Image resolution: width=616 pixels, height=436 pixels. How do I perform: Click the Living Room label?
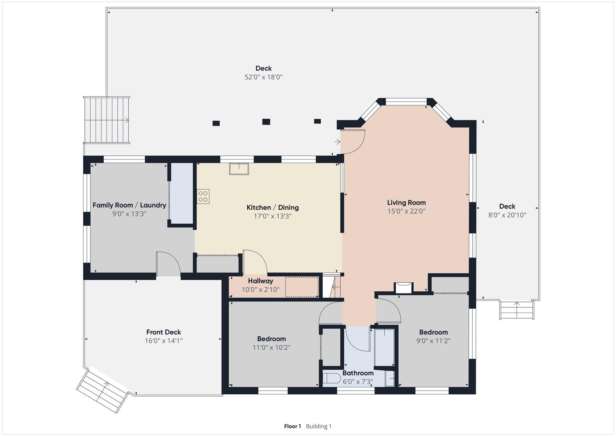click(406, 203)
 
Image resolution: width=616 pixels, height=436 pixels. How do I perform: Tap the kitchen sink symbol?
click(239, 169)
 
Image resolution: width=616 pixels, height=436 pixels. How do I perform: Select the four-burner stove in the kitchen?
click(203, 196)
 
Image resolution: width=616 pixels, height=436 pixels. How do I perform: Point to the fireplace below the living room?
click(403, 288)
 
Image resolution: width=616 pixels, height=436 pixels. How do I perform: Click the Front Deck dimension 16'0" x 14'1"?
click(164, 341)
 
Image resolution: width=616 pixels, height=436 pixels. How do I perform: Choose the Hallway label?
click(261, 281)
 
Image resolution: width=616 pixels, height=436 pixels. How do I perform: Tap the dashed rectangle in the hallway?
click(302, 287)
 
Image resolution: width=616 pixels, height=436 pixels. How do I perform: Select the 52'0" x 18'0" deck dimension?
click(264, 77)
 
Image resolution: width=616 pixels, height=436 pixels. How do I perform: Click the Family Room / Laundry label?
click(129, 205)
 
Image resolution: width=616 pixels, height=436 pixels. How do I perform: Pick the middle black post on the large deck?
click(266, 121)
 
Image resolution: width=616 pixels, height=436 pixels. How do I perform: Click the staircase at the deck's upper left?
click(107, 120)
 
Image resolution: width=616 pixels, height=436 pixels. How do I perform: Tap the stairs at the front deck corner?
click(102, 390)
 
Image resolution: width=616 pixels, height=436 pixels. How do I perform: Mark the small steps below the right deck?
click(517, 310)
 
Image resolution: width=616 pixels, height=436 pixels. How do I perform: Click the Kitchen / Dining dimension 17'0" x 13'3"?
click(273, 216)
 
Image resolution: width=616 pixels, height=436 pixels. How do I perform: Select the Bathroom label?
click(358, 373)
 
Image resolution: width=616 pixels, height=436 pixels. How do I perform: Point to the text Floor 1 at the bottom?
click(292, 426)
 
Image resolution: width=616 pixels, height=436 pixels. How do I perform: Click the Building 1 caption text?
click(319, 426)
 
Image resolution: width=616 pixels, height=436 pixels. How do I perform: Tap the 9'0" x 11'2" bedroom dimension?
click(433, 341)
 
